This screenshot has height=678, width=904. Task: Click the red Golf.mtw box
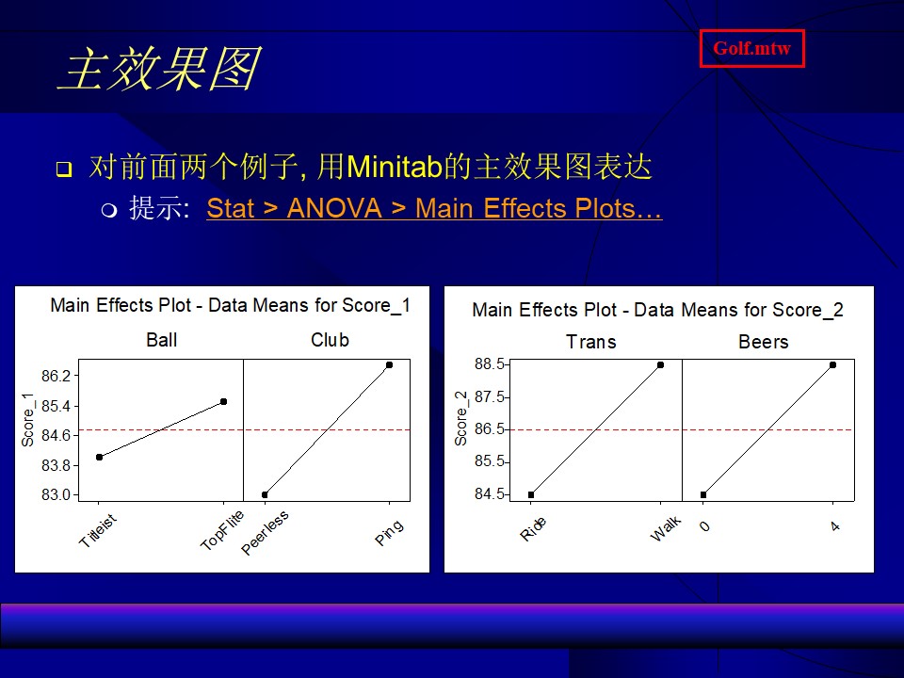[751, 48]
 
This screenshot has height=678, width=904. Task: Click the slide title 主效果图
[160, 69]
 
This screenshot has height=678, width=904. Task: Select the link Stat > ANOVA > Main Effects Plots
[434, 208]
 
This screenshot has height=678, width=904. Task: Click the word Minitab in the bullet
[394, 167]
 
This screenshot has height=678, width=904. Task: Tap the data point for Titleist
[99, 458]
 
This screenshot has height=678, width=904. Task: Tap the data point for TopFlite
[224, 401]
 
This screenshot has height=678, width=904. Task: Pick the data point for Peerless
[265, 494]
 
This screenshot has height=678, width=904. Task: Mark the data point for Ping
[390, 365]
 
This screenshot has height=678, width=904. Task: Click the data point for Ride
[531, 494]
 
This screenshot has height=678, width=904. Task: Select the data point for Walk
[661, 365]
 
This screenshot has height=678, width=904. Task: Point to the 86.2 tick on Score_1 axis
[56, 376]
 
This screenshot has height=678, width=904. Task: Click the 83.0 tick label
[56, 494]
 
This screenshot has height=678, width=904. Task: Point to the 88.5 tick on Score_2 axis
[490, 364]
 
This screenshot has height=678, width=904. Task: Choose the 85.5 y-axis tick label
[490, 461]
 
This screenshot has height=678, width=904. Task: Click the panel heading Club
[330, 340]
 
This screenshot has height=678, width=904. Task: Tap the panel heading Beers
[764, 342]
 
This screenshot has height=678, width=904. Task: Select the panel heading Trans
[591, 342]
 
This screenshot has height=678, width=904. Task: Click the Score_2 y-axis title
[460, 418]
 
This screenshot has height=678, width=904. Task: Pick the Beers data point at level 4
[833, 365]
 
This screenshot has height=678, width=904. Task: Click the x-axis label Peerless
[265, 533]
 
